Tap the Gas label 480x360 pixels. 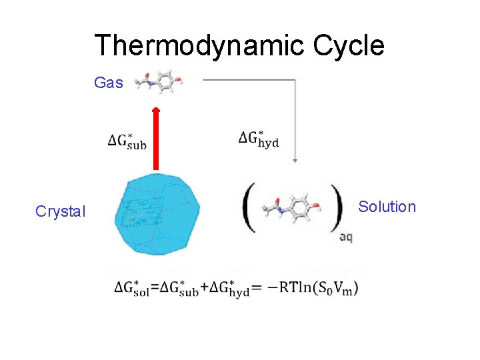pyautogui.click(x=109, y=83)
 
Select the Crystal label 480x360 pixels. pyautogui.click(x=61, y=211)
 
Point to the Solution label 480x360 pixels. pyautogui.click(x=387, y=207)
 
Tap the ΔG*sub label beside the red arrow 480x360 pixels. pyautogui.click(x=127, y=141)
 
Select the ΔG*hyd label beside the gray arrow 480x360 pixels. pyautogui.click(x=259, y=139)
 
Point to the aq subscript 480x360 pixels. pyautogui.click(x=346, y=237)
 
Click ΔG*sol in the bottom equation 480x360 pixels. pyautogui.click(x=132, y=288)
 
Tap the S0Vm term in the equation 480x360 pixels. pyautogui.click(x=334, y=288)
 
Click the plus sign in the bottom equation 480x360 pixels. pyautogui.click(x=204, y=287)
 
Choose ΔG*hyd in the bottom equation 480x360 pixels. pyautogui.click(x=229, y=288)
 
